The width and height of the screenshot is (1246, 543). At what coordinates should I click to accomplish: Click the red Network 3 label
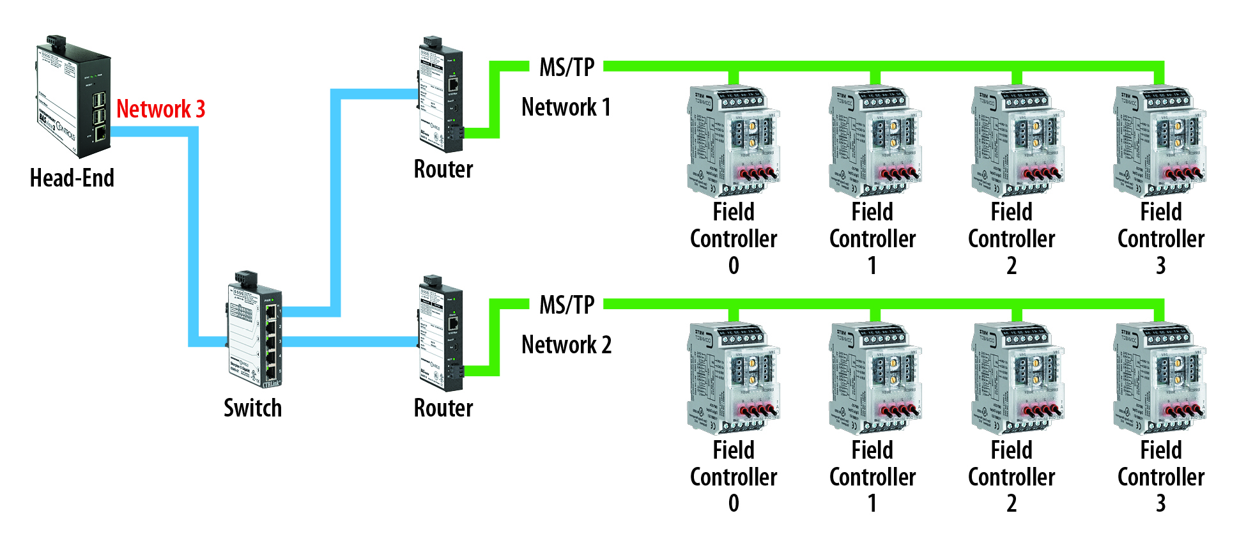coord(160,109)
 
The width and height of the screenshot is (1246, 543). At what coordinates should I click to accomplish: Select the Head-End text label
coord(72,178)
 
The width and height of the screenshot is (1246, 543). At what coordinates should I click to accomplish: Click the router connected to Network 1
coord(441,96)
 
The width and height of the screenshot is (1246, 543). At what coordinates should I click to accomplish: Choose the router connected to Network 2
coord(441,333)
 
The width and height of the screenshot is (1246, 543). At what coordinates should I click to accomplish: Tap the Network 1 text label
coord(566,107)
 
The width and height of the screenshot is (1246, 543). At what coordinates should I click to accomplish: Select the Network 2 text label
coord(566,345)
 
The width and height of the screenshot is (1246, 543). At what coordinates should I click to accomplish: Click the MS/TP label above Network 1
coord(567,67)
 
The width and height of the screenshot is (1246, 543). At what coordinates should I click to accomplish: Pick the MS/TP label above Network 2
coord(567,305)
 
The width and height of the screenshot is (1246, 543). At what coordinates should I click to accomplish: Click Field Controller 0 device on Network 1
coord(734,141)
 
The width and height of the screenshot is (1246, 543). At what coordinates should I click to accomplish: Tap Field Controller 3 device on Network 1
coord(1160,141)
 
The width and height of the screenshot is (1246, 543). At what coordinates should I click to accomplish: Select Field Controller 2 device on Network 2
coord(1017,378)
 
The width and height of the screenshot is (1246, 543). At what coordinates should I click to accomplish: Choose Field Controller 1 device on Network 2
coord(875,378)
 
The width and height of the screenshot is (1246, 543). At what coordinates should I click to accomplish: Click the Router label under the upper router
coord(443,169)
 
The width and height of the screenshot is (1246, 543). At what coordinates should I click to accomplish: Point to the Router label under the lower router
coord(443,408)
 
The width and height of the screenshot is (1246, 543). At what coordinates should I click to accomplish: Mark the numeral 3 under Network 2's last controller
coord(1161,504)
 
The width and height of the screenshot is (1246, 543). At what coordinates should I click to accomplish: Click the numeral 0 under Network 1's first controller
coord(734,266)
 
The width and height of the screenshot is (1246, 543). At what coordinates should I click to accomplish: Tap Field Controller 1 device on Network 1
coord(875,141)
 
